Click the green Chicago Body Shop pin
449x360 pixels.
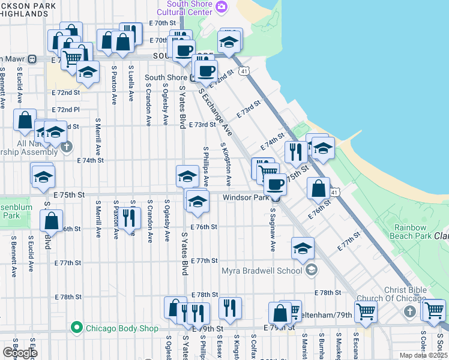(x=76, y=328)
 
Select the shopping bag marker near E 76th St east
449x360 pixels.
(x=318, y=188)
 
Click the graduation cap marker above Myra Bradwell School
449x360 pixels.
(x=303, y=248)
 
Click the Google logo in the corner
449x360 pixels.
(x=20, y=353)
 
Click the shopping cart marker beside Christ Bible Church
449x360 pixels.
(x=366, y=311)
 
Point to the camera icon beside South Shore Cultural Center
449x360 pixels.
(x=221, y=7)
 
